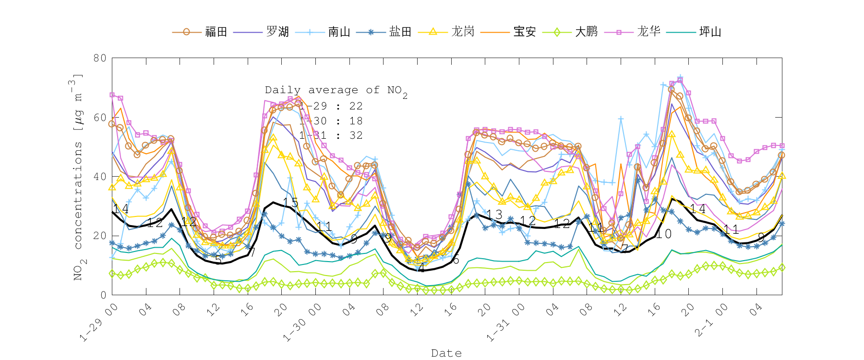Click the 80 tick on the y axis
pyautogui.click(x=100, y=58)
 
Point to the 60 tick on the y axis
pyautogui.click(x=100, y=118)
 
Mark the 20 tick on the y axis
pyautogui.click(x=100, y=236)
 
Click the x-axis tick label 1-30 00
pyautogui.click(x=301, y=323)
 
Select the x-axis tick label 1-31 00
pyautogui.click(x=505, y=323)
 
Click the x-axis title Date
pyautogui.click(x=446, y=353)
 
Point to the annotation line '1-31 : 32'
pyautogui.click(x=331, y=135)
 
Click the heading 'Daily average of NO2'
pyautogui.click(x=336, y=90)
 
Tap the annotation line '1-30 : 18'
pyautogui.click(x=331, y=121)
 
